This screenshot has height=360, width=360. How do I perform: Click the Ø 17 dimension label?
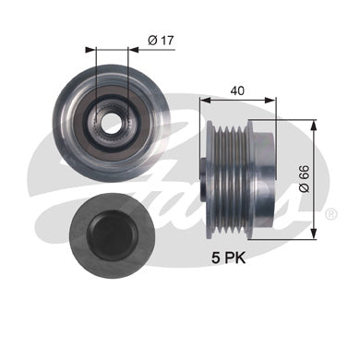[161, 41]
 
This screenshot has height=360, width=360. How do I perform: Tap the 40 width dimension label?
[237, 90]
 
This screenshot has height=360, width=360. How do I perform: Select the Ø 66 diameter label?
[305, 179]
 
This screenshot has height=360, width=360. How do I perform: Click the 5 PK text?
[228, 258]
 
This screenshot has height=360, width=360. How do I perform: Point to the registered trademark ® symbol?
[330, 213]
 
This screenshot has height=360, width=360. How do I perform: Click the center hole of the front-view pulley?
[111, 124]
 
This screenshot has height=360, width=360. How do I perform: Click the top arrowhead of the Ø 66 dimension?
[314, 126]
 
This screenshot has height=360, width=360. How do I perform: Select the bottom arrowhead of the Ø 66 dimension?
[314, 233]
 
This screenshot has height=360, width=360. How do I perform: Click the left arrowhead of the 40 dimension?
[205, 100]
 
